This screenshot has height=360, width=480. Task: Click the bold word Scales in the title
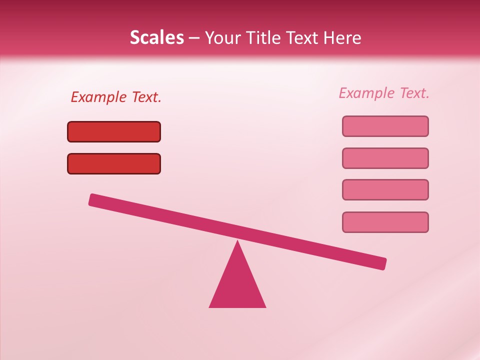click(x=156, y=37)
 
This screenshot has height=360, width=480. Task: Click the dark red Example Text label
click(x=116, y=97)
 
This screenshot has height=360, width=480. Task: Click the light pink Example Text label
click(x=384, y=93)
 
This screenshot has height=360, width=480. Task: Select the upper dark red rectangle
click(x=114, y=131)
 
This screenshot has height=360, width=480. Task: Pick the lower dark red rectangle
click(x=114, y=163)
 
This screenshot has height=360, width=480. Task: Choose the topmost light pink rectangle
click(x=385, y=126)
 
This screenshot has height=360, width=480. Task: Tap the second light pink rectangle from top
click(x=385, y=158)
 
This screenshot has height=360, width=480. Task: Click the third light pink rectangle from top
click(x=385, y=190)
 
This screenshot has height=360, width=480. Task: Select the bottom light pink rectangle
click(x=385, y=222)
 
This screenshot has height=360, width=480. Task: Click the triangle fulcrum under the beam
click(x=237, y=285)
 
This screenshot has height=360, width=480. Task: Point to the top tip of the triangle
click(x=237, y=242)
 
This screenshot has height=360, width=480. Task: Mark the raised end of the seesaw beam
click(x=92, y=199)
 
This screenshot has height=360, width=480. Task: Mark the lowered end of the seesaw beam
click(x=382, y=263)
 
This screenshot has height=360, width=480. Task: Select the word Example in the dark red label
click(x=99, y=97)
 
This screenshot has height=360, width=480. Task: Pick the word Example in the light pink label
click(x=367, y=93)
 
